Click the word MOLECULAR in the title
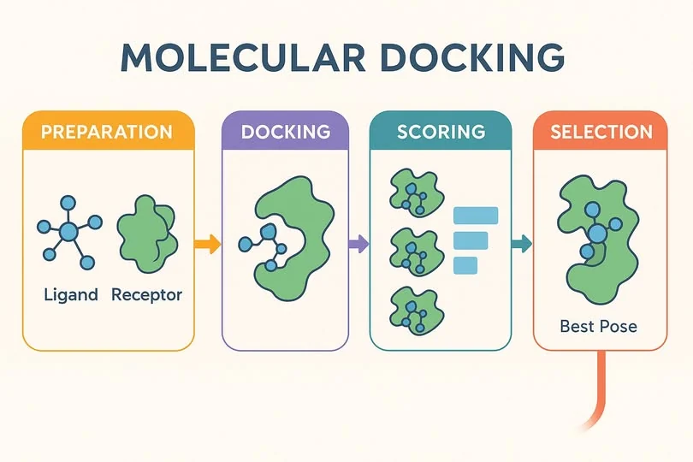[243, 57]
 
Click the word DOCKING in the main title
[472, 57]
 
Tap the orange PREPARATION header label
[106, 133]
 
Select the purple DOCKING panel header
[286, 132]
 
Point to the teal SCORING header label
[441, 132]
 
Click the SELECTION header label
[601, 132]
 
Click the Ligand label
[71, 295]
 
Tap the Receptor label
[146, 295]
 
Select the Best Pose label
[598, 327]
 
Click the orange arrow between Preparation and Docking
[207, 244]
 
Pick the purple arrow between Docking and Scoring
[358, 244]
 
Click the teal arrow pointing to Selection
[522, 244]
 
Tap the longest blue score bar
[476, 216]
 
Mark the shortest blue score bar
[465, 265]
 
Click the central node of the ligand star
[68, 232]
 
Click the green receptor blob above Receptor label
[147, 234]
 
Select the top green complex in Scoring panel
[417, 192]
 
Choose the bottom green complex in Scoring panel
[417, 311]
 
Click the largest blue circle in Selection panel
[597, 234]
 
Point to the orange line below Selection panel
[601, 389]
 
